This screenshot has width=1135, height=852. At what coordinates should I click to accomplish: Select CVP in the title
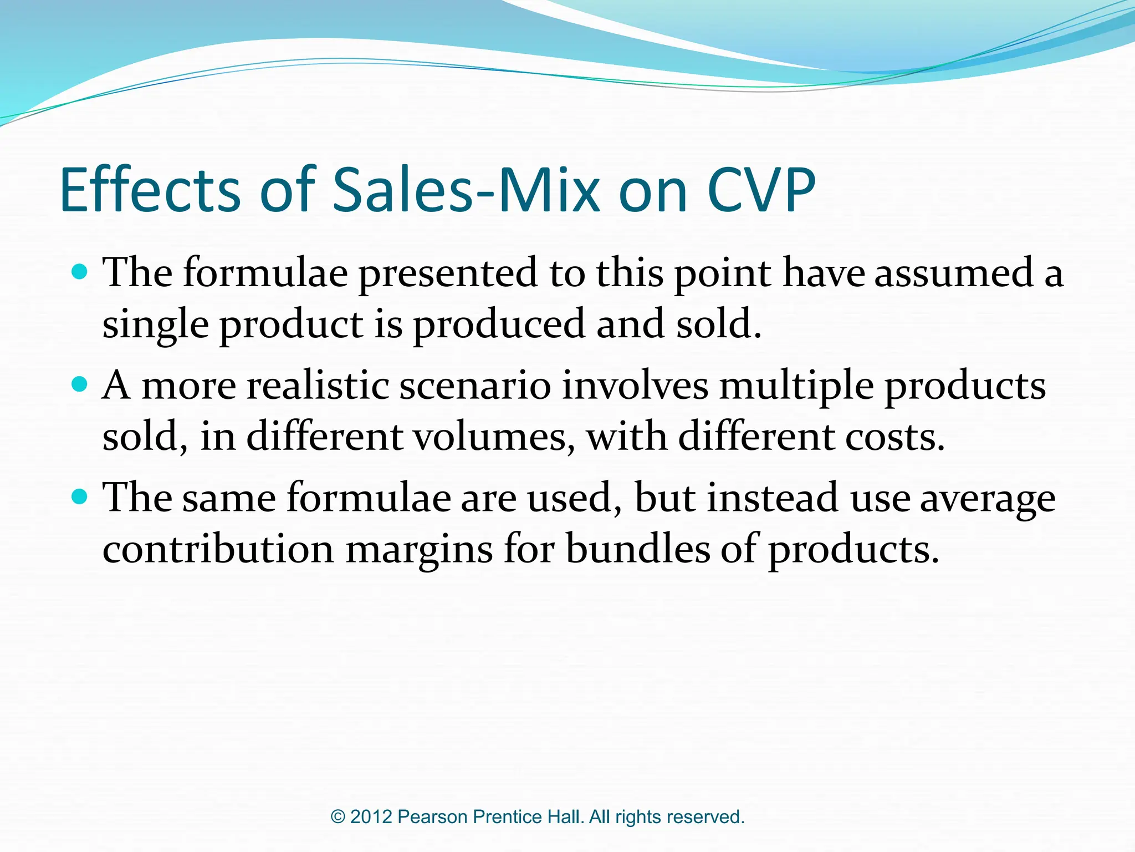761,190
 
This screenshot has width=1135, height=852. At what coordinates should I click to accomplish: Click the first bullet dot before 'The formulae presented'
80,272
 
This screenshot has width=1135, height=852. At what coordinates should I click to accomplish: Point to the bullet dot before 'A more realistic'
80,384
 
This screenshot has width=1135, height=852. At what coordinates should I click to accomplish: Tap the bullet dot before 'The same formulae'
80,496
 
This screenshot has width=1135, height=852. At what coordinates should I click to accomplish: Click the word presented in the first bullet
448,274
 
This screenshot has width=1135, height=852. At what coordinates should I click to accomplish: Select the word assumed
953,274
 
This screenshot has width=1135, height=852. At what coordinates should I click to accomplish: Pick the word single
155,325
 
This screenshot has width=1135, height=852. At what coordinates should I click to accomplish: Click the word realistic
318,386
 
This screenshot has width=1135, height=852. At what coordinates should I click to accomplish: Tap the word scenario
475,386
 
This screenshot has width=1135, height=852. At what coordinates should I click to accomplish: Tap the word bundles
638,549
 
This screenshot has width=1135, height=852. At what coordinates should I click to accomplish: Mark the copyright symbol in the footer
338,817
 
